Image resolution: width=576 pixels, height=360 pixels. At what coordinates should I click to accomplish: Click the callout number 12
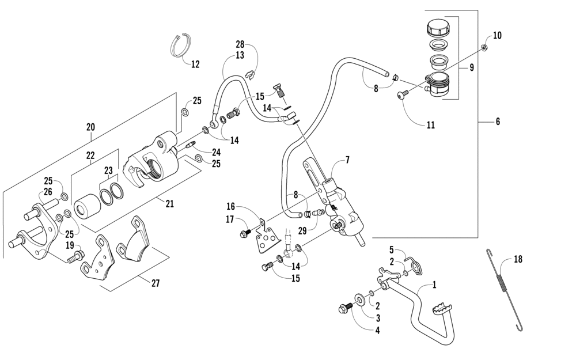point(195,65)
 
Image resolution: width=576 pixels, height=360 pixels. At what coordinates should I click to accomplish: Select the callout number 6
point(498,121)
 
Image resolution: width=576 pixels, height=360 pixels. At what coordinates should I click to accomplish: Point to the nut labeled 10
point(484,47)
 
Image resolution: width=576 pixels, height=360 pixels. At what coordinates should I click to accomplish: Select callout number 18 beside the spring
point(518,259)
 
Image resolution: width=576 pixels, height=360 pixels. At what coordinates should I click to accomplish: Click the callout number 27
point(156,283)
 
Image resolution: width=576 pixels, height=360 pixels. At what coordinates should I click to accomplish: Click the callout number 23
point(108,170)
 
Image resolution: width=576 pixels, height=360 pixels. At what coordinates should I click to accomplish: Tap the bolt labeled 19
point(75,256)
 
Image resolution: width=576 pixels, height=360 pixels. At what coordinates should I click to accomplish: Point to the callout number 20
point(90,127)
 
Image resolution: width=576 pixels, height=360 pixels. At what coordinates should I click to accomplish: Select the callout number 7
point(347,160)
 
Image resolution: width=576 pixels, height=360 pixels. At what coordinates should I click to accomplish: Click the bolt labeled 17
point(245,233)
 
